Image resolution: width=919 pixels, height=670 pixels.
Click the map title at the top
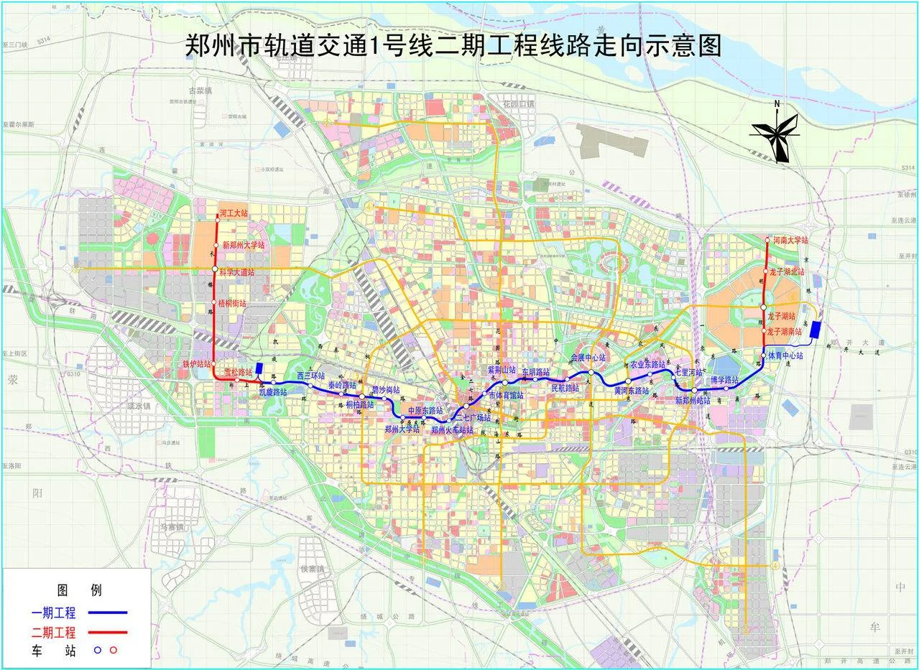click(453, 47)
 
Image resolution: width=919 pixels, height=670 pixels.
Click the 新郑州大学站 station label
click(244, 245)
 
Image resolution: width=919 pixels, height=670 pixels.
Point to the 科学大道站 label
click(238, 272)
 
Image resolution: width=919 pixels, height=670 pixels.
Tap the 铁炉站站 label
click(196, 364)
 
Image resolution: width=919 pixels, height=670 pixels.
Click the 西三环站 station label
click(311, 376)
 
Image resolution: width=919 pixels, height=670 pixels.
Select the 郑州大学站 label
click(402, 429)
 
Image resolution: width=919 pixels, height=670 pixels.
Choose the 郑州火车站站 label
click(452, 429)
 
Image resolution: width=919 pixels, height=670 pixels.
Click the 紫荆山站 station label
click(502, 369)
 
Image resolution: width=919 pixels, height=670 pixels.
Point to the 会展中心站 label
click(588, 358)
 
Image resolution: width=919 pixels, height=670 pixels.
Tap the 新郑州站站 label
click(693, 400)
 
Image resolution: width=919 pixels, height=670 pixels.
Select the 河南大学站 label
click(791, 240)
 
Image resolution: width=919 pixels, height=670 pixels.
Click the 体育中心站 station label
click(785, 355)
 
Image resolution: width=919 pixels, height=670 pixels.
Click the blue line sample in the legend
click(108, 613)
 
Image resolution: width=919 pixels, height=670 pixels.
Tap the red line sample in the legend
click(108, 633)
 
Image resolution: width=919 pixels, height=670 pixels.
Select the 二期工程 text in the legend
click(54, 633)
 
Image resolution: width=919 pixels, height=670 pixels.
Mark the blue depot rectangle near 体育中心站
click(815, 331)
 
